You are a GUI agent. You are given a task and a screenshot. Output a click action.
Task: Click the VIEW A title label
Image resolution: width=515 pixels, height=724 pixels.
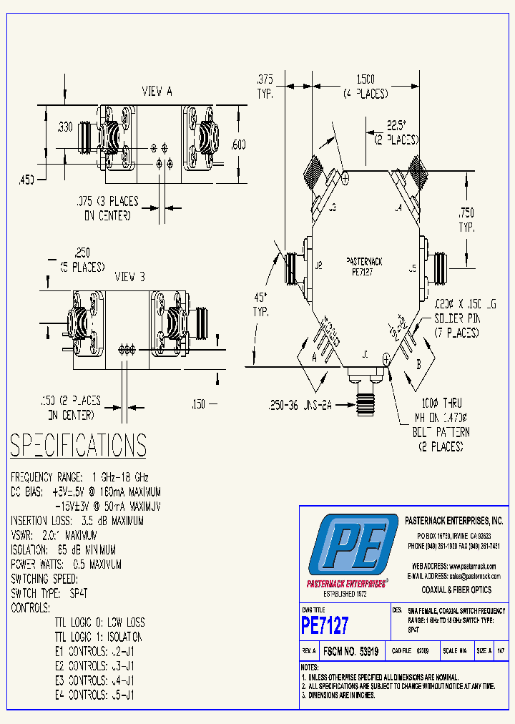click(157, 91)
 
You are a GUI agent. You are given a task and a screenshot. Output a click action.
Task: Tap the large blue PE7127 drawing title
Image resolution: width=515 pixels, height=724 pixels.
click(325, 625)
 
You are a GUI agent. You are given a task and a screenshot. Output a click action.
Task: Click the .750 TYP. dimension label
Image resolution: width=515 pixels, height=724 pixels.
click(466, 220)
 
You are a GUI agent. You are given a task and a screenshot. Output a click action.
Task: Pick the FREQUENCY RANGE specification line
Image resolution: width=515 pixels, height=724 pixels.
click(79, 477)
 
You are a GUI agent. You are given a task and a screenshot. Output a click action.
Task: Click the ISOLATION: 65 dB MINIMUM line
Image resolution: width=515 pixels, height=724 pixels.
click(63, 549)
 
